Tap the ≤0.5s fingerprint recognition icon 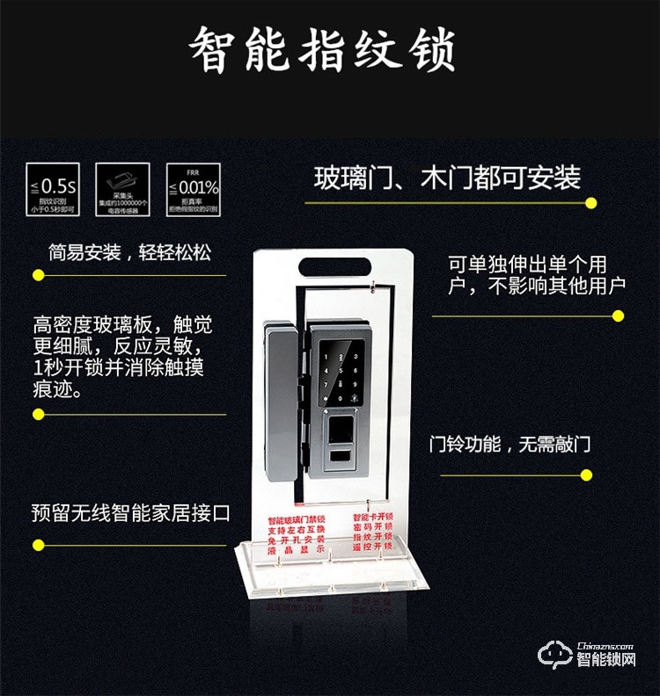(x=51, y=189)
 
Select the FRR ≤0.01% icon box (x=194, y=189)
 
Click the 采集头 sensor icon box (x=122, y=189)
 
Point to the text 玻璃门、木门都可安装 (x=448, y=178)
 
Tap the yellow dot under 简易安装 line (x=38, y=275)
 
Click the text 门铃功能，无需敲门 (x=509, y=445)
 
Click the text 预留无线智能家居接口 (x=130, y=512)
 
